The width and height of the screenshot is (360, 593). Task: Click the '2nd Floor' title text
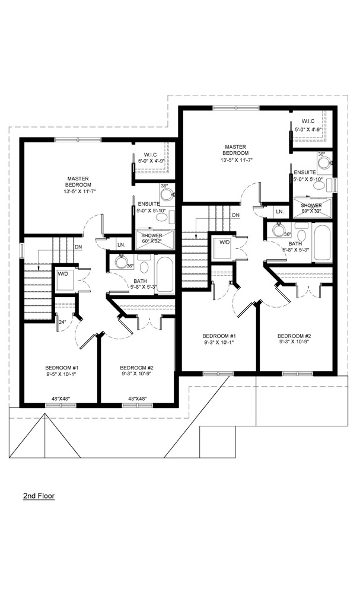[39, 495]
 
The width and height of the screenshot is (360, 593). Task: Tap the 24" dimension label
[62, 323]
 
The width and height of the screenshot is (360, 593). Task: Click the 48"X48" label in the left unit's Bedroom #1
[61, 398]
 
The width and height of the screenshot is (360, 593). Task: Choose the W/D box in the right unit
[224, 247]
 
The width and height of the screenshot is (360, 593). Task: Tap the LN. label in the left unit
[121, 245]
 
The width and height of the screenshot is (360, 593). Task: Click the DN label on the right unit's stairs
[236, 215]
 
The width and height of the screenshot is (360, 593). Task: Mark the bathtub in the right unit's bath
[322, 243]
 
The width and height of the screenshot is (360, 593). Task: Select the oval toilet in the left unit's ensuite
[163, 217]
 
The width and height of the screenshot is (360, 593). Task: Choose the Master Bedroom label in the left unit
[78, 181]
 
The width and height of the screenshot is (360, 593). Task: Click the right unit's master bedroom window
[237, 108]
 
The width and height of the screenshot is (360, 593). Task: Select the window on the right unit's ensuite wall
[334, 185]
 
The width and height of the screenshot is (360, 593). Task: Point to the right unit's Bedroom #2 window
[298, 374]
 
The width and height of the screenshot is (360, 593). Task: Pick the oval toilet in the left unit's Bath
[145, 267]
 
